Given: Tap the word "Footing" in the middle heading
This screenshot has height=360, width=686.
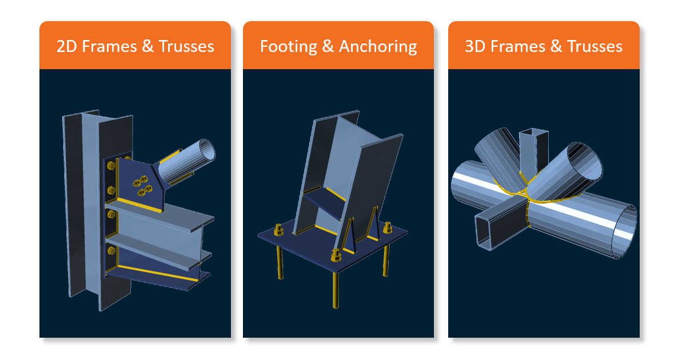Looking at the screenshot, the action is [x=288, y=46].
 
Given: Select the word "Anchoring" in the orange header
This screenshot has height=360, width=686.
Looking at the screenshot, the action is [x=378, y=46].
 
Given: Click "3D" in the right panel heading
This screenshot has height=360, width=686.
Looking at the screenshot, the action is [x=475, y=46].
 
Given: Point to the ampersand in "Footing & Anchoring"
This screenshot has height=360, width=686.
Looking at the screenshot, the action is [x=328, y=46].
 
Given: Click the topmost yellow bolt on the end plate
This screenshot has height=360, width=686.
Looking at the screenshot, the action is [x=111, y=166].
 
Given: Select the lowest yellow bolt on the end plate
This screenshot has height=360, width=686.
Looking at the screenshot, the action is [x=111, y=251].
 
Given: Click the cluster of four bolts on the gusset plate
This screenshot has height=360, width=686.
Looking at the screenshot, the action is [x=142, y=186].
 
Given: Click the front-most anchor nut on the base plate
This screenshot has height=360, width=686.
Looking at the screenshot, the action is [x=336, y=255].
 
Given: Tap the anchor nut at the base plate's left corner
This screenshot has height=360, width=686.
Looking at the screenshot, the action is [x=278, y=230].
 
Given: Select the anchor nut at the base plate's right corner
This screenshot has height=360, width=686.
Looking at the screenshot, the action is [x=388, y=228].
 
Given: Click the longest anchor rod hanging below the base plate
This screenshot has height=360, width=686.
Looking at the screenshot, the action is [x=336, y=289].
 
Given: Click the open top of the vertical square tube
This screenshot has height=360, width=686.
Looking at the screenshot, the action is [x=534, y=133].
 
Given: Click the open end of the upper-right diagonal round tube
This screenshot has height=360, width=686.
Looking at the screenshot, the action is [x=585, y=162].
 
